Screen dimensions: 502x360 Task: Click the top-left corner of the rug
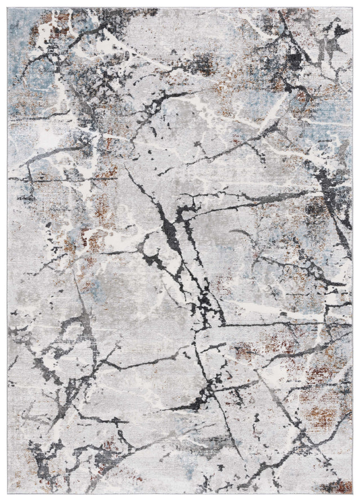[x=8, y=8]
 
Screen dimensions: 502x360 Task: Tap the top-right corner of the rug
[x=352, y=8]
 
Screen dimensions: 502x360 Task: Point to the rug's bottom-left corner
[x=8, y=494]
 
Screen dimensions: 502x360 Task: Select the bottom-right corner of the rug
[x=352, y=494]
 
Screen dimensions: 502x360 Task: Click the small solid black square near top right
[x=293, y=58]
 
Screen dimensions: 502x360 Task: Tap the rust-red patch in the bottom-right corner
[x=339, y=485]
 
